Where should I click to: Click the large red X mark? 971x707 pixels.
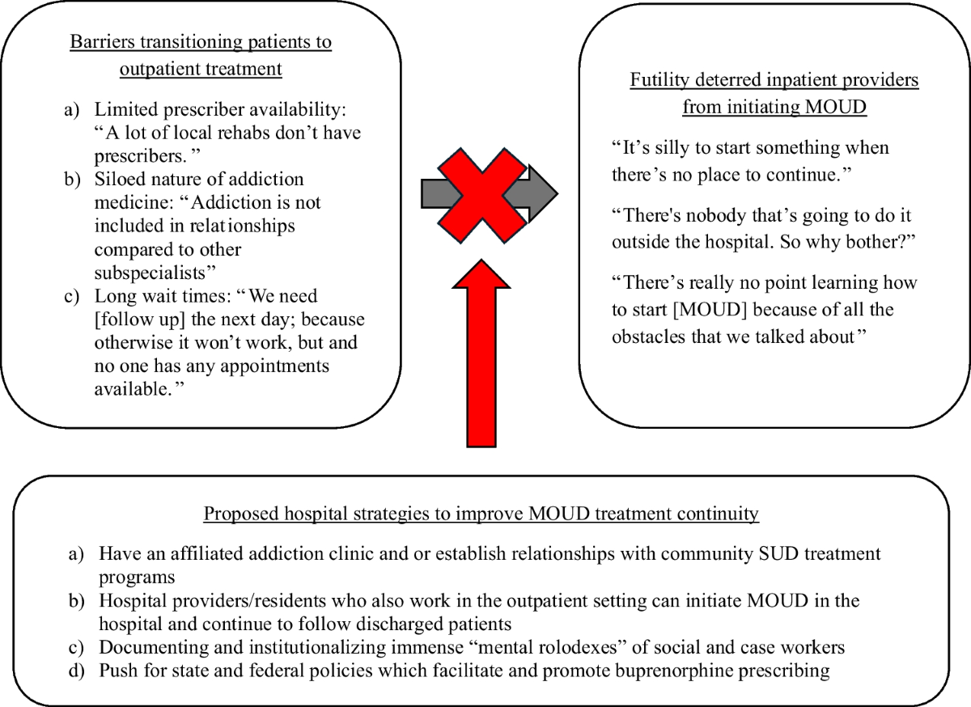(481, 195)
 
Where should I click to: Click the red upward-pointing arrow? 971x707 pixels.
(481, 356)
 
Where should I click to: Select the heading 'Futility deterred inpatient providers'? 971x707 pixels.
(774, 81)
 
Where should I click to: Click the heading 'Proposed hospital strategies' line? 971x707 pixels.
(481, 514)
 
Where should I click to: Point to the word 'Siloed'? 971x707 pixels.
(119, 179)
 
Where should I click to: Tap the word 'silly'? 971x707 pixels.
(670, 148)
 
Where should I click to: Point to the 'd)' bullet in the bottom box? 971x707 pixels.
(78, 671)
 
